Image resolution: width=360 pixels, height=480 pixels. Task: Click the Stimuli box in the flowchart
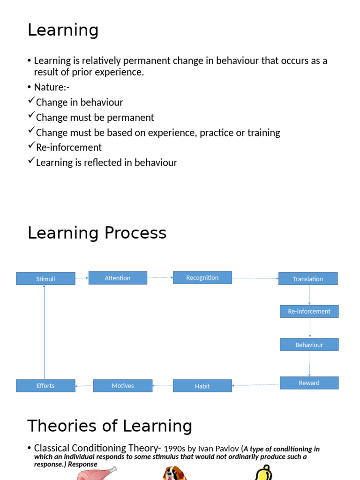tap(45, 279)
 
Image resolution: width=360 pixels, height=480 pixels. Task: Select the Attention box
tap(118, 278)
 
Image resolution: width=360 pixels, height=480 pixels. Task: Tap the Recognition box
tap(202, 277)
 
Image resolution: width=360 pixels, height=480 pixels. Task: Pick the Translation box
tap(308, 279)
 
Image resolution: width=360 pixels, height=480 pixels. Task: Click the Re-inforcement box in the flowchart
tap(309, 311)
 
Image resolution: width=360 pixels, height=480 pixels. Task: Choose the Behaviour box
tap(309, 345)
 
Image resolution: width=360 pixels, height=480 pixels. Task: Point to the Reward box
tap(309, 383)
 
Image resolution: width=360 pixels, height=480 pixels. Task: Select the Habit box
tap(202, 386)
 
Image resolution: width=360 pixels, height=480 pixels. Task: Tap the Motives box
tap(123, 386)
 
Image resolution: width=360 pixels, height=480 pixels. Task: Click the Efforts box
tap(45, 386)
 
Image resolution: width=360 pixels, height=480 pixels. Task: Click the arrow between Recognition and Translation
tap(255, 278)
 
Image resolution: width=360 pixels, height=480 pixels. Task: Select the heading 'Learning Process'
tap(97, 233)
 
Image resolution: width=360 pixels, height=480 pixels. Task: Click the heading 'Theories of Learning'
tap(110, 426)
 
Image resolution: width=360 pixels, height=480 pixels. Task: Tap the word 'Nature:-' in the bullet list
tap(52, 87)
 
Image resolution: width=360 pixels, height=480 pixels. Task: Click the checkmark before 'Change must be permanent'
tap(31, 115)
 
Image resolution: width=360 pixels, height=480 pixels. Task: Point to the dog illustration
tap(175, 473)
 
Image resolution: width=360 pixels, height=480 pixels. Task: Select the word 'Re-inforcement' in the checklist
tap(69, 147)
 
